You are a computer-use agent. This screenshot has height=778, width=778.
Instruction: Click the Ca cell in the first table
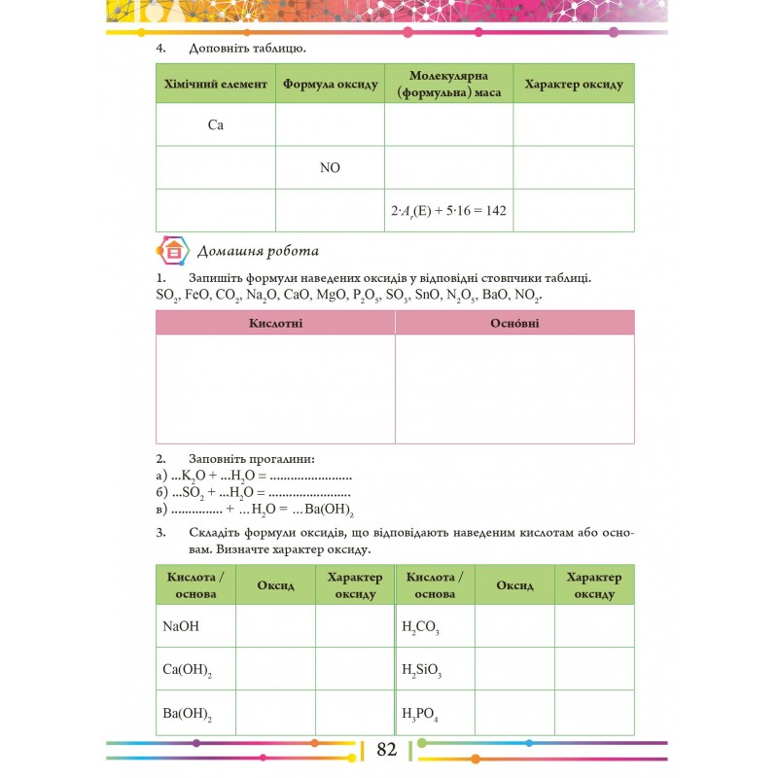(216, 125)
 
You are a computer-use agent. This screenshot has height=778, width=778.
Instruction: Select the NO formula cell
(330, 167)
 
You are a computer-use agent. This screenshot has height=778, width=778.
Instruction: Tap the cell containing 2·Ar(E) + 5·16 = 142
(448, 210)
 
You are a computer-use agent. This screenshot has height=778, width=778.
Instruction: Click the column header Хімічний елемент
(216, 84)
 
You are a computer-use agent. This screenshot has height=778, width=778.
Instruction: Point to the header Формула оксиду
(330, 84)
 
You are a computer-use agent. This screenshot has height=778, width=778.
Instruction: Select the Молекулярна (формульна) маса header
(448, 84)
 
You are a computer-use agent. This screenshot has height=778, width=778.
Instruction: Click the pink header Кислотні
(275, 323)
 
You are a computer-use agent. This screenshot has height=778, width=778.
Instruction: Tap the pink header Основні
(515, 323)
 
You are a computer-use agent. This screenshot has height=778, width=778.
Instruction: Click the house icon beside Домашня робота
(173, 251)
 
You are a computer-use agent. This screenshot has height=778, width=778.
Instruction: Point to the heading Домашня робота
(258, 252)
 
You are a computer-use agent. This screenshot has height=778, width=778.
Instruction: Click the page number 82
(387, 749)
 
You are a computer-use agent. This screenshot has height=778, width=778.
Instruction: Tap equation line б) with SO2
(253, 493)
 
